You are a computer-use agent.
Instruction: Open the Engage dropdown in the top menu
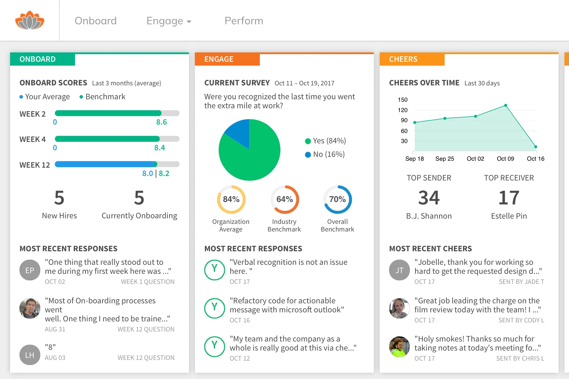point(169,21)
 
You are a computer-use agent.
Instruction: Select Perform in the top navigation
point(244,21)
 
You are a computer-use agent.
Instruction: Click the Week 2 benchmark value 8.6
point(162,122)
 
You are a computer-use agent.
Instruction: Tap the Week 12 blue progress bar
point(104,164)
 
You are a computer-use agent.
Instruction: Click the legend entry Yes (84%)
point(325,141)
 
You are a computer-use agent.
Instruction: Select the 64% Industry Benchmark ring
point(284,200)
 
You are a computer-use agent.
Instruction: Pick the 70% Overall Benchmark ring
point(337,200)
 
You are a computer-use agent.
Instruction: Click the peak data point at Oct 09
point(505,106)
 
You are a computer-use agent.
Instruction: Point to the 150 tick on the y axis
point(403,100)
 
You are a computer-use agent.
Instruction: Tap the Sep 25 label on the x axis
point(445,159)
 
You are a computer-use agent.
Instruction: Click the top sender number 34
point(429,198)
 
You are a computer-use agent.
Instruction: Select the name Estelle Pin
point(509,216)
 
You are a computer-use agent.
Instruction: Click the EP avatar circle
point(30,270)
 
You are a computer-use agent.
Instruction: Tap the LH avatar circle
point(30,355)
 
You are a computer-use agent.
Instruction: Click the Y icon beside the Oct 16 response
point(215,308)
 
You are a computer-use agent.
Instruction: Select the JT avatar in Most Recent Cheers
point(399,270)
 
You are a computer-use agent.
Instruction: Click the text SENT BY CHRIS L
point(520,358)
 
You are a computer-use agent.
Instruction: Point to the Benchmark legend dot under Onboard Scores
point(81,97)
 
